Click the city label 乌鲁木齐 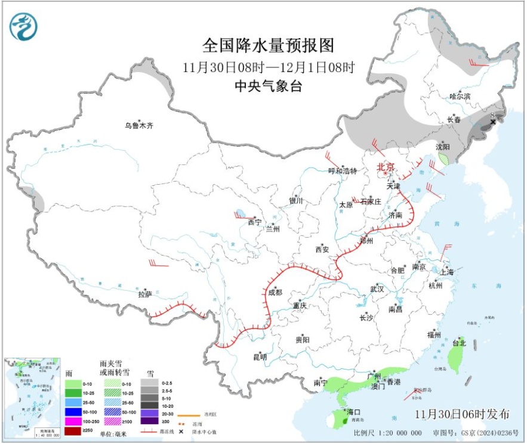[139, 126]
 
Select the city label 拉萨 [145, 294]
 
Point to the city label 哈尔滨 [460, 96]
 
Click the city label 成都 [275, 293]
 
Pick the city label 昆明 [260, 357]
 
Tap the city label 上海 [448, 272]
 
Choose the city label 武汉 [377, 289]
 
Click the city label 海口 [354, 412]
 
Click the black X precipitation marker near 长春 [493, 122]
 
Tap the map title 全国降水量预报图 [268, 45]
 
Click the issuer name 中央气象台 [268, 86]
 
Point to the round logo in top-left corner [23, 27]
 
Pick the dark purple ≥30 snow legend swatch [149, 421]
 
